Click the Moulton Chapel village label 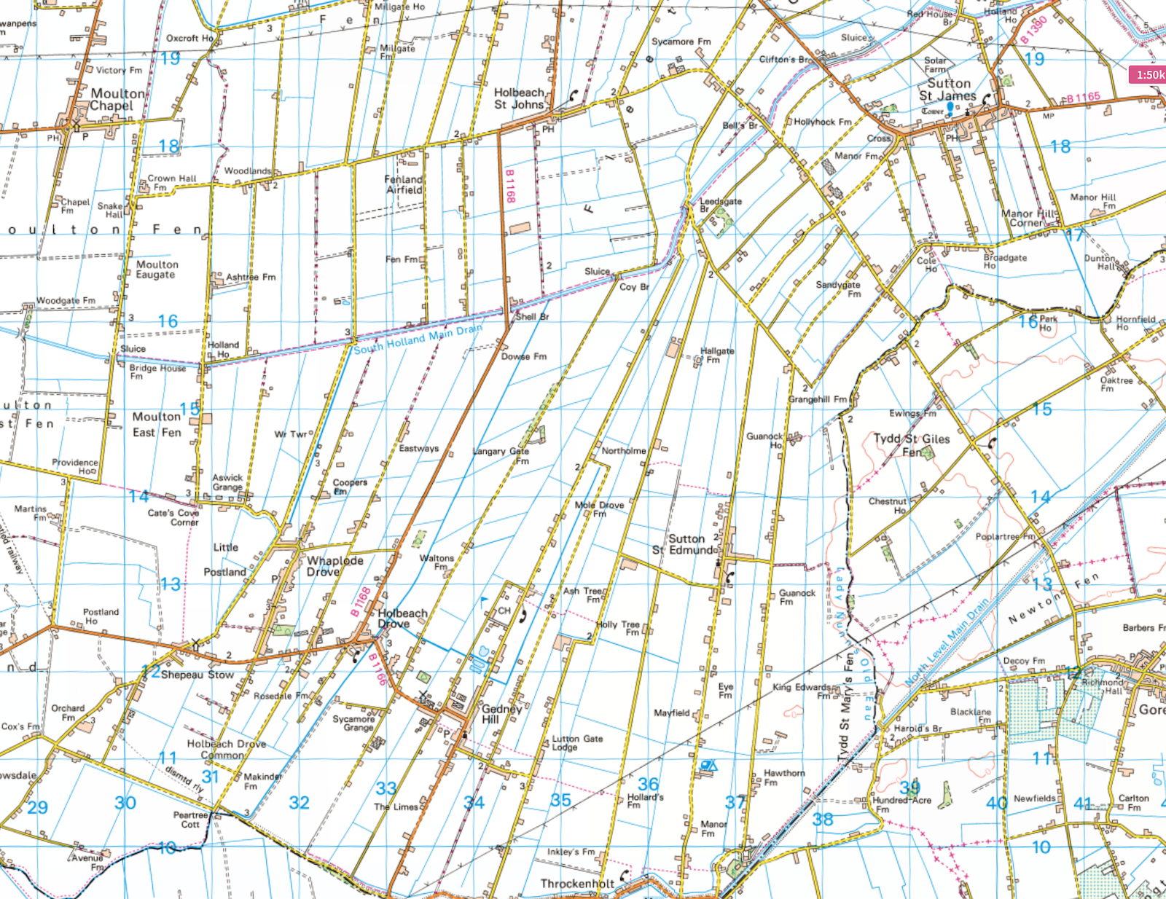[117, 100]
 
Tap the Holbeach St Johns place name [519, 98]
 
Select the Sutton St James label [947, 90]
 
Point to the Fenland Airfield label [404, 184]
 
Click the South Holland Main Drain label [418, 340]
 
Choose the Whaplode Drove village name [334, 566]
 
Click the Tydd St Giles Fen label [912, 444]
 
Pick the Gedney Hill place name [501, 714]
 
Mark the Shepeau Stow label [197, 675]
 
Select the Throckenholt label [576, 884]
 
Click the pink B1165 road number [1084, 97]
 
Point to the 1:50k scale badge [1148, 74]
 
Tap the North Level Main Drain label [947, 641]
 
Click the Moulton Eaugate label [157, 270]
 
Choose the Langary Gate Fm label [501, 455]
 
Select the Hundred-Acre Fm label [901, 804]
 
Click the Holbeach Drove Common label [226, 749]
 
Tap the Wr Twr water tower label [291, 434]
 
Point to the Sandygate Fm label [838, 289]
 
